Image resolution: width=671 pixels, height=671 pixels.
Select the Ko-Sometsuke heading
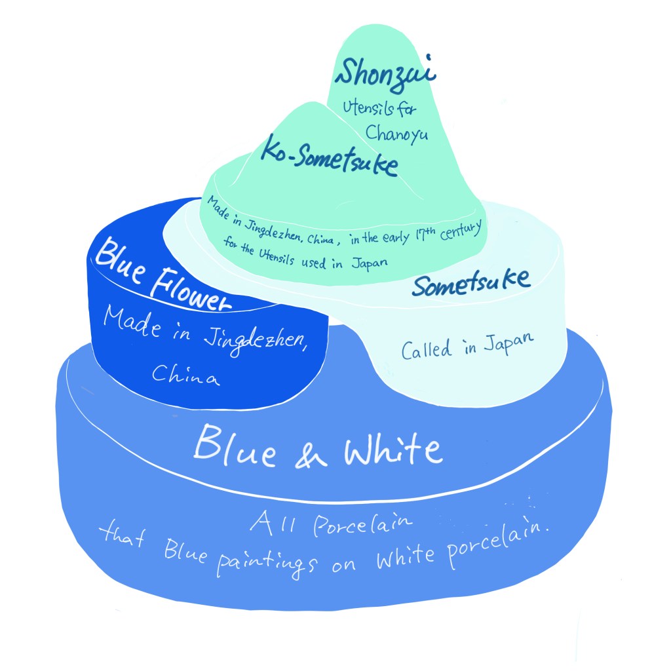click(330, 156)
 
